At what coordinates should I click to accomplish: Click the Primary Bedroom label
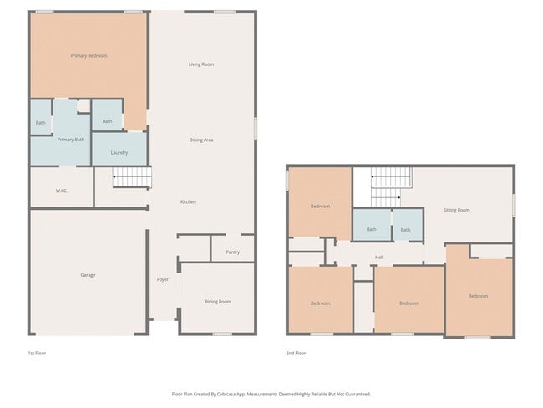coord(89,56)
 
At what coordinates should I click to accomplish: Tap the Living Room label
coord(201,64)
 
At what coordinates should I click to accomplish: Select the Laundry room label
coord(119,152)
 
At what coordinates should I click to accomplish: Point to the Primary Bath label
coord(70,140)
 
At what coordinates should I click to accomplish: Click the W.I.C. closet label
coord(62,191)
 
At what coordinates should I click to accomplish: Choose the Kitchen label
coord(189,202)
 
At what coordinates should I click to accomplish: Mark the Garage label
coord(88,275)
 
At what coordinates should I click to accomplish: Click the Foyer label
coord(163,279)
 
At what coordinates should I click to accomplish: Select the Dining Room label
coord(218,302)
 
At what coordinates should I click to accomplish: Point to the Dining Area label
coord(201,140)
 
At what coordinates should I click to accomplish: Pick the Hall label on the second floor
coord(379,257)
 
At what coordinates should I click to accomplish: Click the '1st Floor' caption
coord(37,354)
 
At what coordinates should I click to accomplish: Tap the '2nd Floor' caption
coord(296,354)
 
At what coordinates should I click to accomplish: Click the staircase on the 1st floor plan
coord(132,176)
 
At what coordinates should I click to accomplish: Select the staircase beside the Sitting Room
coord(391,186)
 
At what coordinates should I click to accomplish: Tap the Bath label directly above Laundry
coord(107,122)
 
